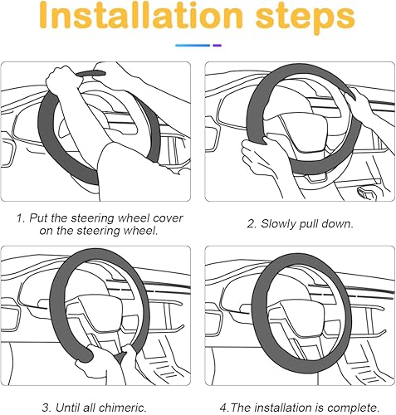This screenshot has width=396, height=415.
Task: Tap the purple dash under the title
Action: click(218, 46)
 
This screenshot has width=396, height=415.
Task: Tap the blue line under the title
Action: click(193, 46)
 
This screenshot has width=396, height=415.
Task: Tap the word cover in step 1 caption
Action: click(167, 217)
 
